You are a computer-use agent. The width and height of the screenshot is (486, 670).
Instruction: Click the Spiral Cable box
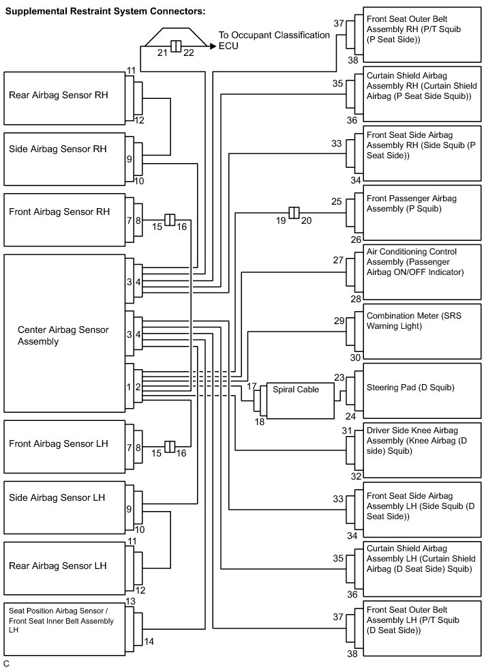[x=300, y=400]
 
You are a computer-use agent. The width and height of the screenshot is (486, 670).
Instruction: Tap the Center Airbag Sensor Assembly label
[x=63, y=335]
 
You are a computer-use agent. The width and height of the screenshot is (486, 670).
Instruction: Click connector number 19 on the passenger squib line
[x=279, y=221]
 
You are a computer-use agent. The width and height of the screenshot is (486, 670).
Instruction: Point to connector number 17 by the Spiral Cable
[x=252, y=386]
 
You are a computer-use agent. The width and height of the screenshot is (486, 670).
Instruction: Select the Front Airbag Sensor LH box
[x=65, y=446]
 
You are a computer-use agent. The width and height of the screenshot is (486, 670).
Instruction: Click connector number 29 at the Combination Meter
[x=339, y=320]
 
